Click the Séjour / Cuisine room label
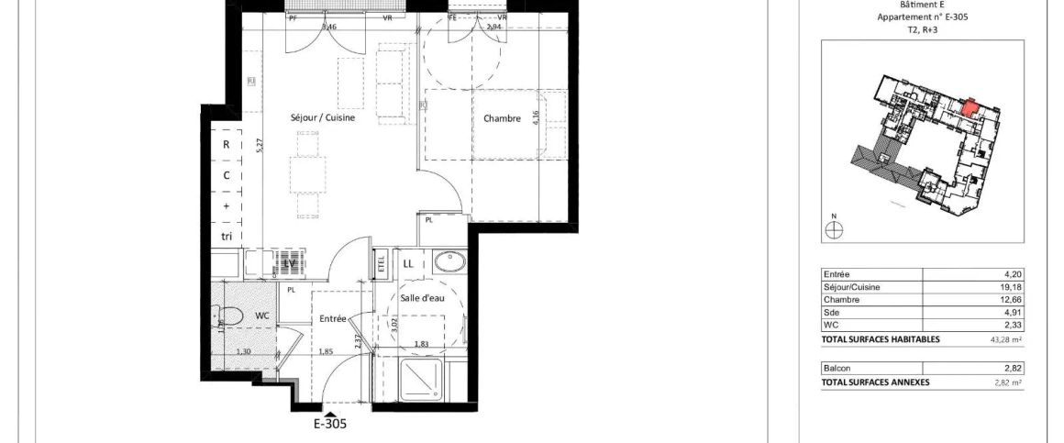[x=322, y=118]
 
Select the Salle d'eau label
[x=423, y=297]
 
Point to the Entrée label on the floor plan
[x=332, y=319]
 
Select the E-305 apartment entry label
[x=330, y=424]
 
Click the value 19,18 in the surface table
[x=1010, y=287]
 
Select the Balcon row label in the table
[x=837, y=368]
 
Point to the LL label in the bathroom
[x=408, y=264]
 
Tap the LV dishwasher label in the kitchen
[x=291, y=264]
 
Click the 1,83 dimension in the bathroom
[x=421, y=344]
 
